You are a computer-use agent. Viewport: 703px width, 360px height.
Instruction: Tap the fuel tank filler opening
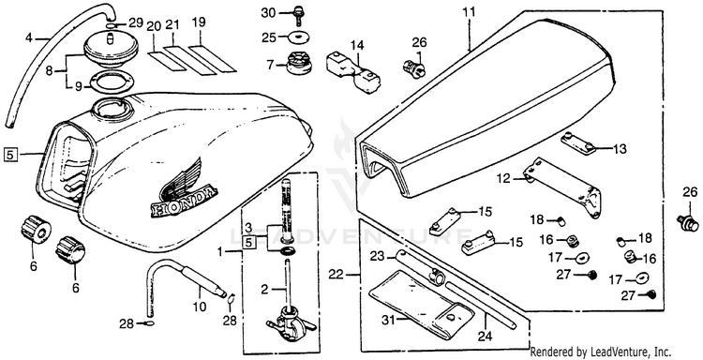pos(112,108)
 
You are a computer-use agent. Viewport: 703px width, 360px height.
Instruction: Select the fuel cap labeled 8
pos(107,52)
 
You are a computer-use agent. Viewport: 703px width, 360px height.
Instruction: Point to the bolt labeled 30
pos(297,16)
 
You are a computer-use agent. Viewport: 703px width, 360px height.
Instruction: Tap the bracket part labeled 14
pos(354,72)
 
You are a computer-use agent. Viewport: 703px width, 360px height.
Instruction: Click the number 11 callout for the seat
pos(469,12)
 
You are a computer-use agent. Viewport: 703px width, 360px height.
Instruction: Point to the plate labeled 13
pos(579,142)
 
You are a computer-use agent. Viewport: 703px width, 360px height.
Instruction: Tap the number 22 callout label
pos(336,274)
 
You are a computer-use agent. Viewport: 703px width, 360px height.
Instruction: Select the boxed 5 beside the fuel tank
pos(11,155)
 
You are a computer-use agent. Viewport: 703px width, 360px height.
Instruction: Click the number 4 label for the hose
pos(29,38)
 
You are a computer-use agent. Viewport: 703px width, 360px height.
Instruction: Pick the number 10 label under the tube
pos(200,307)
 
